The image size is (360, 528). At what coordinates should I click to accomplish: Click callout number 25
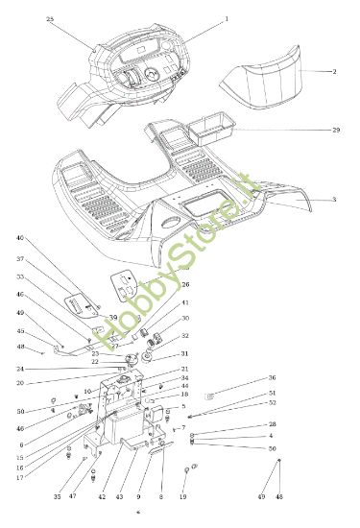tap(50, 19)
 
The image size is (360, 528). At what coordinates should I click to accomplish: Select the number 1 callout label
tap(227, 19)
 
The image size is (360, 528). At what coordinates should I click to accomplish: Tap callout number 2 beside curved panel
tap(334, 72)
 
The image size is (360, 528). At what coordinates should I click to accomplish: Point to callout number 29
tap(336, 130)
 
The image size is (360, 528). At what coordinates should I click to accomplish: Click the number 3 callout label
tap(334, 199)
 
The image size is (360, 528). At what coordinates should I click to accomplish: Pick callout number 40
tap(19, 238)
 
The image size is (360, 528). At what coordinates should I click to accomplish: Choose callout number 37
tap(19, 259)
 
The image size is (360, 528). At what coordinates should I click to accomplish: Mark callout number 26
tap(185, 285)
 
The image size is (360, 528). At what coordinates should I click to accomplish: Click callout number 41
tap(185, 303)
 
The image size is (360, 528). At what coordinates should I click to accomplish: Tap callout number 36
tap(272, 378)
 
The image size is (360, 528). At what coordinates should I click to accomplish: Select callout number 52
tap(272, 402)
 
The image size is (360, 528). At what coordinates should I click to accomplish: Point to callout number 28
tap(272, 424)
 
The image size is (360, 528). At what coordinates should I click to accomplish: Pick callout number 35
tap(57, 496)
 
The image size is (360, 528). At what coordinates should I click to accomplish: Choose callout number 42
tap(102, 496)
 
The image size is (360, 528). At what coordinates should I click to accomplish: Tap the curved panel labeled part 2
tap(261, 83)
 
